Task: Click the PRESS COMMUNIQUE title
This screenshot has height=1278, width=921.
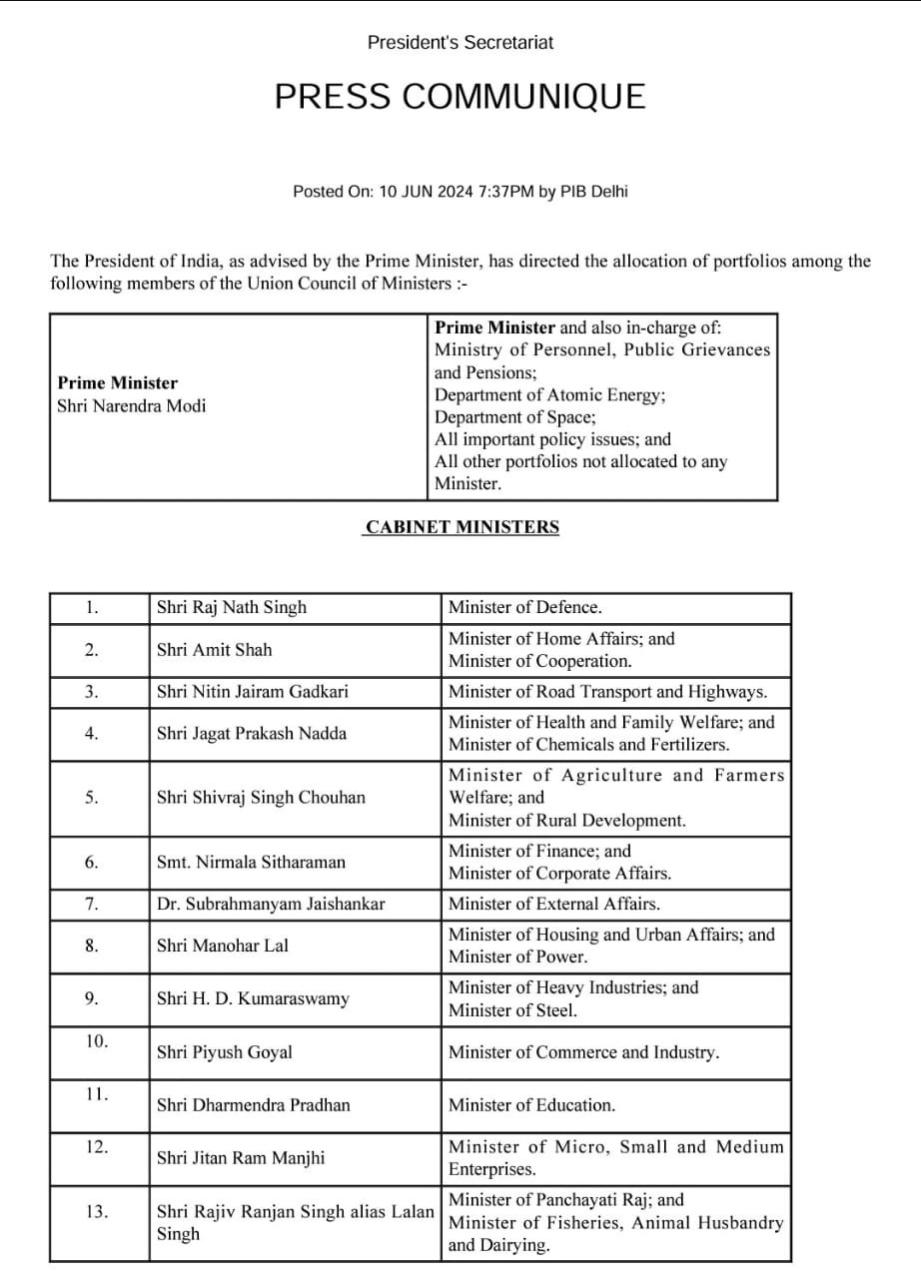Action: pos(460,97)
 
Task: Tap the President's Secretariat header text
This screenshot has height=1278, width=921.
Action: pos(460,43)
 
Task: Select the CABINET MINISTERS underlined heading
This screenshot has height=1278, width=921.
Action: pos(461,527)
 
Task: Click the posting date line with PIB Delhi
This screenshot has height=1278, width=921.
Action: pos(460,192)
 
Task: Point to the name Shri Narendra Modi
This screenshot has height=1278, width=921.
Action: pos(132,406)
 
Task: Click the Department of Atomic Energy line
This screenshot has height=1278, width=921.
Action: pos(549,395)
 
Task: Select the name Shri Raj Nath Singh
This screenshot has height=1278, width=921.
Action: pos(232,607)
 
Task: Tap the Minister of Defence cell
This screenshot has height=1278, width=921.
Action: pos(525,607)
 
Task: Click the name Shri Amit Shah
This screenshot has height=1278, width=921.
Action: pos(214,650)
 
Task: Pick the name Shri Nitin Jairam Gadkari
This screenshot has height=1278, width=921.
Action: pos(253,691)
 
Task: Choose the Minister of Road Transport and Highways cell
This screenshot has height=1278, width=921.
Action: pos(607,691)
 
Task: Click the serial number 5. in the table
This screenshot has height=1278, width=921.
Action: pos(91,798)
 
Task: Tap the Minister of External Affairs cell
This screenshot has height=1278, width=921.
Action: pos(554,904)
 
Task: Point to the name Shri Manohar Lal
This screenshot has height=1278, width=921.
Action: pos(222,946)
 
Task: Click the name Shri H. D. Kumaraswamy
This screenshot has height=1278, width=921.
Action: pos(253,998)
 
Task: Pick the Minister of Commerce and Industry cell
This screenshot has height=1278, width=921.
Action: pos(583,1052)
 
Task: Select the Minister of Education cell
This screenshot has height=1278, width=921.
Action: pos(531,1105)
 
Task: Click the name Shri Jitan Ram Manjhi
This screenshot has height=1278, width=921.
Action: pos(241,1158)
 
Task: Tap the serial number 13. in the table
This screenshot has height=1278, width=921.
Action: pos(96,1212)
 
